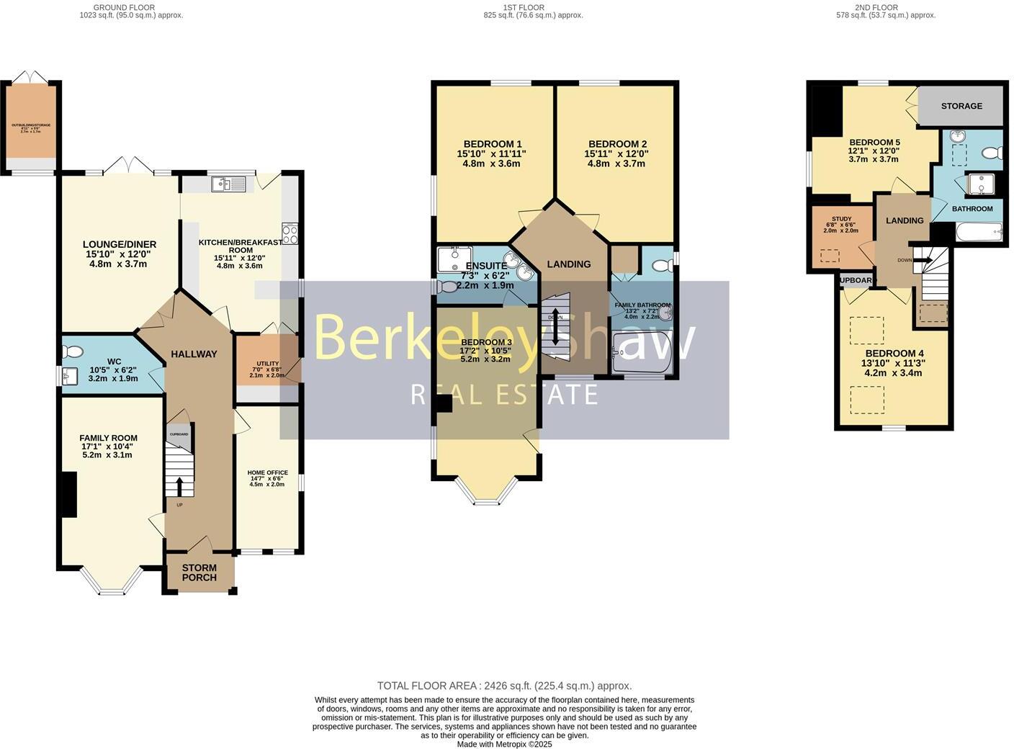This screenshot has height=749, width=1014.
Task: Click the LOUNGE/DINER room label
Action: (x=119, y=245)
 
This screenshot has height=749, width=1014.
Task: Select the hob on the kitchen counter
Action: (x=291, y=234)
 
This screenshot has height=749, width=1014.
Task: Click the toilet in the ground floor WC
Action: (x=73, y=352)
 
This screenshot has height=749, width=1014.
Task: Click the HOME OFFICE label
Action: (x=267, y=472)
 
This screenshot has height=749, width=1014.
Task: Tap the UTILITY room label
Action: (x=267, y=364)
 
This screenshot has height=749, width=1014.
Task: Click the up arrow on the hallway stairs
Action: (x=179, y=484)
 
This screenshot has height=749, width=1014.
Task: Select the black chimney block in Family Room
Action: (x=68, y=494)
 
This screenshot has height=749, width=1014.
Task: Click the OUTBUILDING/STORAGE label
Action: (x=31, y=125)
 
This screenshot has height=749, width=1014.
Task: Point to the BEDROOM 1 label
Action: (x=492, y=144)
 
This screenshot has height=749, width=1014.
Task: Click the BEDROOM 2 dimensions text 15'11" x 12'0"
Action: (x=617, y=153)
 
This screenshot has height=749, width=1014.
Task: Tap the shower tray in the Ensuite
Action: (x=454, y=257)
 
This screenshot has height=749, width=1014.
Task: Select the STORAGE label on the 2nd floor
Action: (x=961, y=106)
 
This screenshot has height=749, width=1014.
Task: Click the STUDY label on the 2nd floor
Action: (x=841, y=219)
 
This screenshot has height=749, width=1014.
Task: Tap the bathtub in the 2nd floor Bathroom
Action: (x=978, y=232)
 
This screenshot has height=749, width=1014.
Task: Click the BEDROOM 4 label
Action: (x=894, y=354)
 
